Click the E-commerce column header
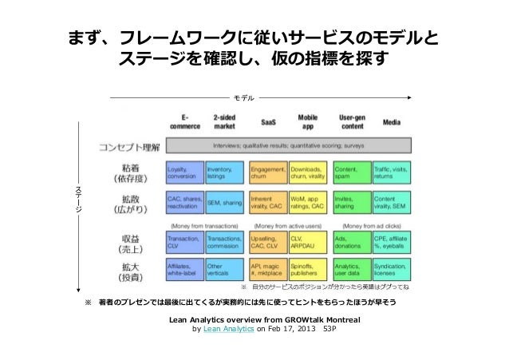click(185, 121)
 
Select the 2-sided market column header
click(224, 121)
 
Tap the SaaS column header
click(269, 124)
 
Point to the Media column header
click(392, 124)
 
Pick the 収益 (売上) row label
click(130, 243)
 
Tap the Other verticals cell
click(224, 269)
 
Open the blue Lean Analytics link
click(228, 327)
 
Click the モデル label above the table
click(243, 99)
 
